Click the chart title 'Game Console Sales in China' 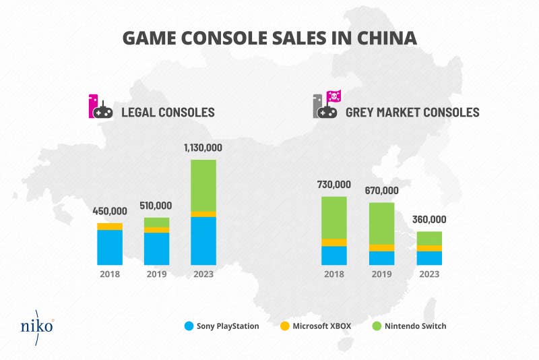(269, 38)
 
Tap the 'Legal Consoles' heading (167, 112)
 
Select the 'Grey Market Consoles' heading (412, 112)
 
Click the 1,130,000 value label (203, 148)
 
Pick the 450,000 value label (110, 211)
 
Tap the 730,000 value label (334, 185)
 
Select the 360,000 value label (429, 220)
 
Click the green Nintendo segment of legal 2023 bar (203, 185)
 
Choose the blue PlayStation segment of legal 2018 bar (110, 247)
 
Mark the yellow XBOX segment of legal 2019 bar (157, 230)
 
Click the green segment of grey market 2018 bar (334, 217)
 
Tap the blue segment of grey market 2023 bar (429, 258)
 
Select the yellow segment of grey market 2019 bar (382, 247)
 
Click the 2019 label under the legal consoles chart (157, 274)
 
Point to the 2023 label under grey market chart (429, 274)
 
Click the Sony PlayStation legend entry (222, 326)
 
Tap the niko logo (37, 326)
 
